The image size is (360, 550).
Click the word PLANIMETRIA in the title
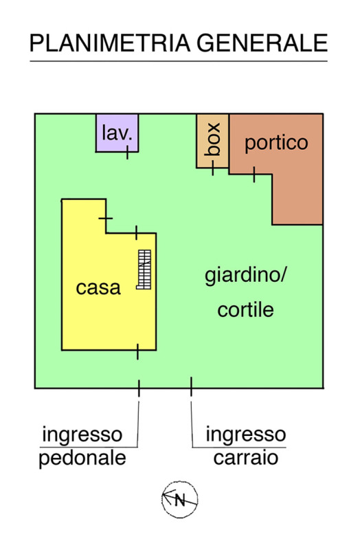click(x=110, y=43)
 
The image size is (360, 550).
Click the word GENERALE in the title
click(x=262, y=43)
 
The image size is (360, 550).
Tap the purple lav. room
click(x=117, y=133)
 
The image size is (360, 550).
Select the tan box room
click(x=212, y=141)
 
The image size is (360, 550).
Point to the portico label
click(x=276, y=144)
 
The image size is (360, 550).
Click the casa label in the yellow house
click(x=98, y=288)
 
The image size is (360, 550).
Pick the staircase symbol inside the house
click(x=144, y=269)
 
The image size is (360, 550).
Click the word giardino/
click(x=246, y=276)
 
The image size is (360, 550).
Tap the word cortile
click(x=245, y=310)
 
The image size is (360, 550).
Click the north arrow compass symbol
click(x=180, y=500)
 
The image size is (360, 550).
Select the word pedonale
click(x=82, y=459)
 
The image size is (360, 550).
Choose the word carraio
click(x=246, y=458)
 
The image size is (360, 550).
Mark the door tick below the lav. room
click(x=127, y=152)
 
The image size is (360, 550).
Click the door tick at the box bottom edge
click(x=213, y=168)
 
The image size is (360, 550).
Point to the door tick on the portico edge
click(x=254, y=175)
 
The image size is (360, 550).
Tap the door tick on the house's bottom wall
click(x=137, y=351)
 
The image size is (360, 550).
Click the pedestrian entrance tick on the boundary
click(x=139, y=388)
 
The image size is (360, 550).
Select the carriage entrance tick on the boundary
click(x=191, y=387)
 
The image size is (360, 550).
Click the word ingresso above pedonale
click(x=82, y=436)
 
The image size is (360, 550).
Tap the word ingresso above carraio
click(x=246, y=435)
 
